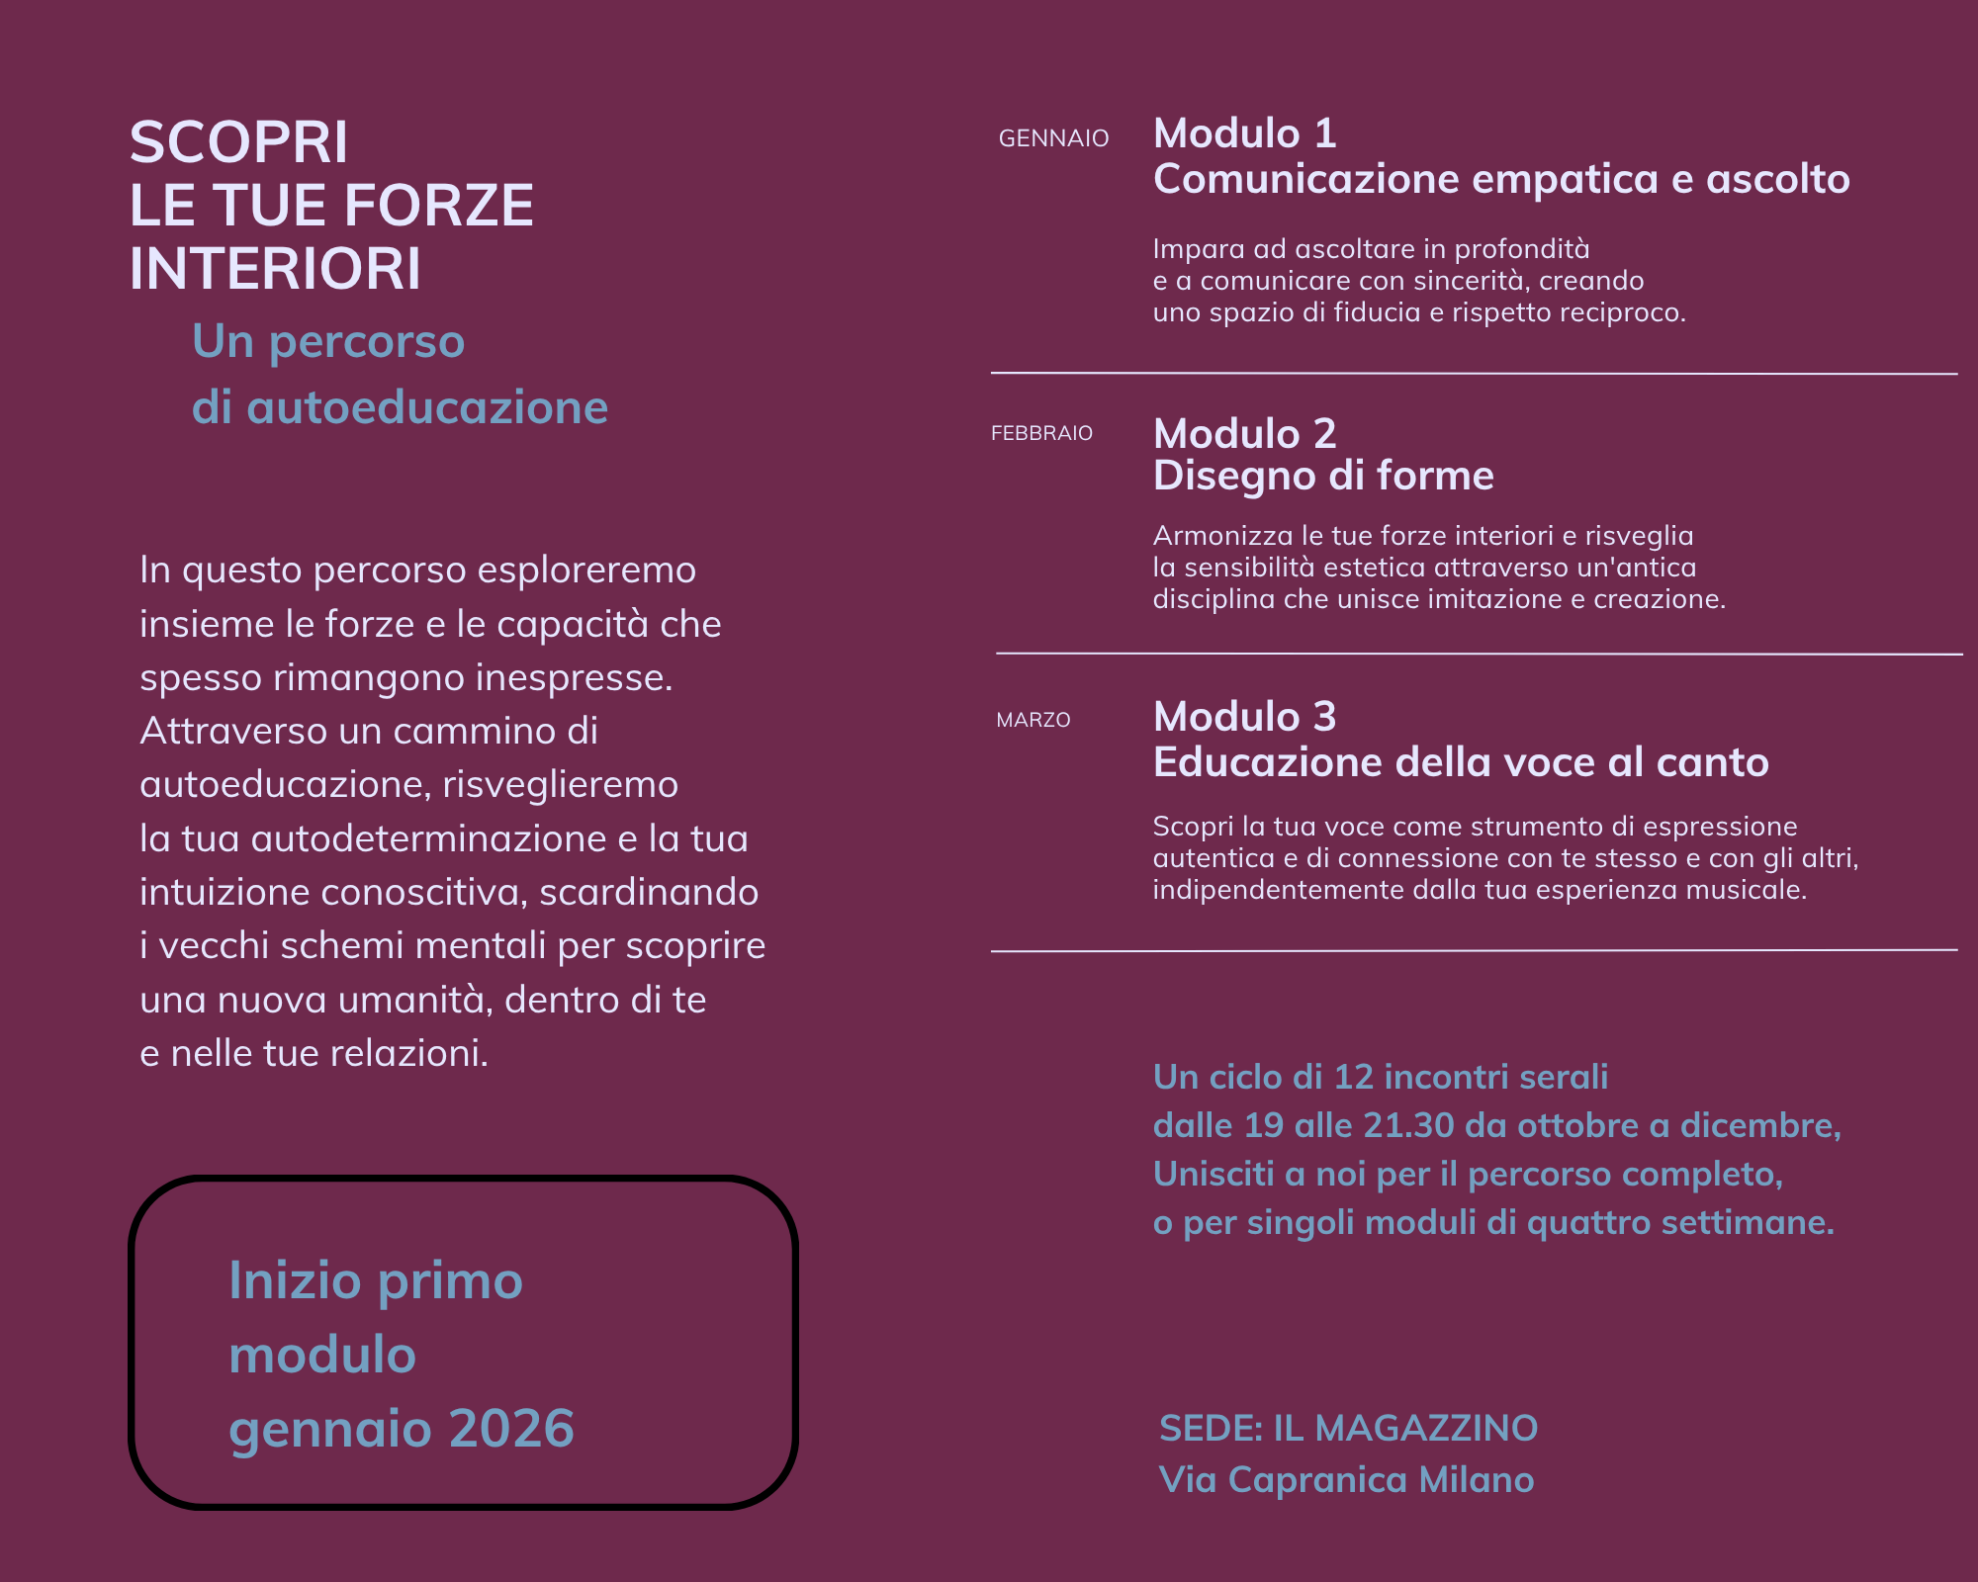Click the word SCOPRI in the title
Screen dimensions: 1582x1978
(x=238, y=142)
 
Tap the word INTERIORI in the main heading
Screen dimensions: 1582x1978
(x=275, y=269)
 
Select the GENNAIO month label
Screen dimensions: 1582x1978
(x=1053, y=138)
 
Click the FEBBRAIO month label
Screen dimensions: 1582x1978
(x=1041, y=433)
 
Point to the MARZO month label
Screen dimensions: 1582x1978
(x=1034, y=720)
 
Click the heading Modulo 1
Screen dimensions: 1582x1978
(x=1244, y=133)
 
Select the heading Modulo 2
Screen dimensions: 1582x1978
(x=1244, y=433)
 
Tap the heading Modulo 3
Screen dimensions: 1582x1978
(x=1244, y=717)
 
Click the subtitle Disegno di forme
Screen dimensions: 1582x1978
(x=1323, y=477)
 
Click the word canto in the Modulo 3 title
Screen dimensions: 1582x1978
(x=1712, y=762)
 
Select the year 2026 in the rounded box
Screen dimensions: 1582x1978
(x=511, y=1428)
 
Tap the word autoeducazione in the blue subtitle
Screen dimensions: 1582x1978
(x=426, y=407)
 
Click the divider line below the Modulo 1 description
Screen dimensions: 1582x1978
(x=1474, y=374)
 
